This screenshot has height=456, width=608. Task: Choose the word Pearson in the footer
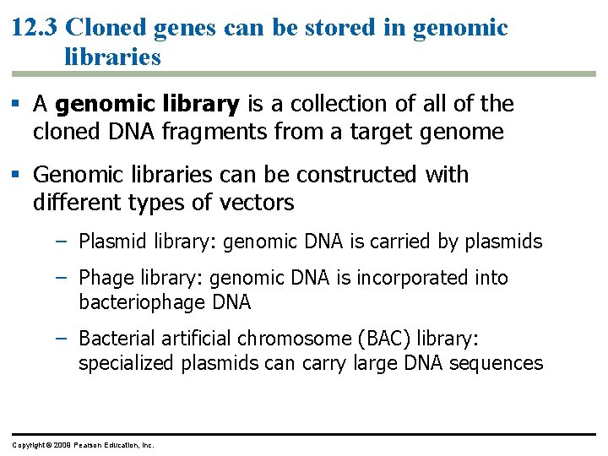(90, 444)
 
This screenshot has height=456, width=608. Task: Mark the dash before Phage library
(60, 277)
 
